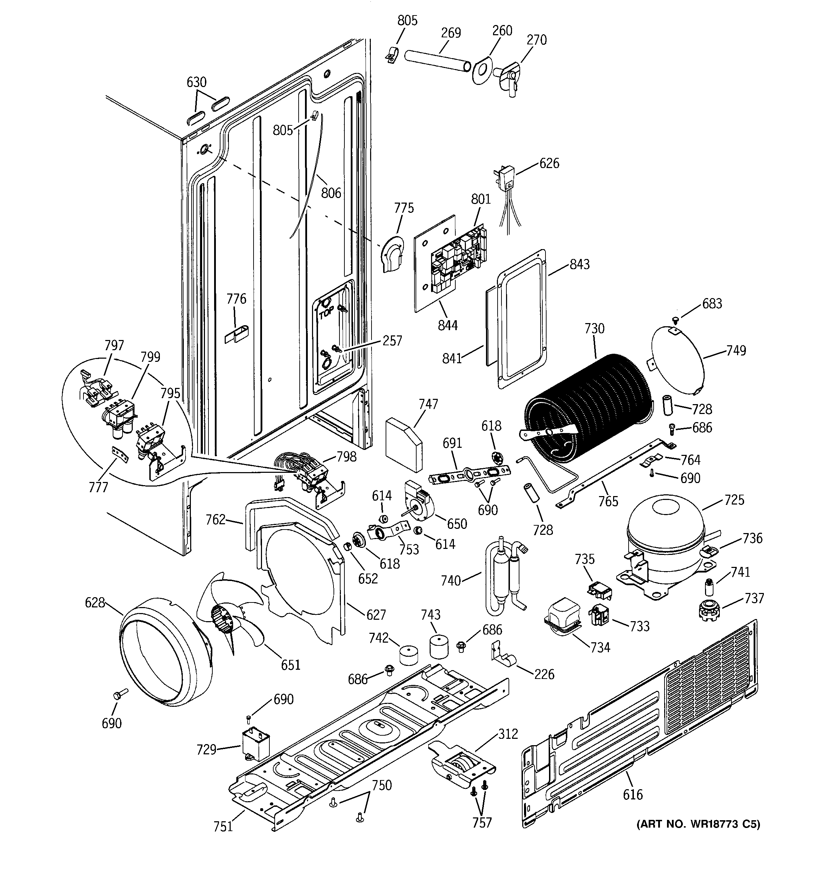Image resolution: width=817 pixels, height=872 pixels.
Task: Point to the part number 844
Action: (x=447, y=325)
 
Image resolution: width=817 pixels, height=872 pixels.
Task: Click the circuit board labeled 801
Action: (x=458, y=259)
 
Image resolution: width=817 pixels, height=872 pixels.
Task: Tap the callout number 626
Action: (x=549, y=163)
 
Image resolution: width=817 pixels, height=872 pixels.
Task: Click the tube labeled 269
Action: (x=436, y=61)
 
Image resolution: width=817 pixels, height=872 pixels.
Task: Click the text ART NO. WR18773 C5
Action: (x=698, y=836)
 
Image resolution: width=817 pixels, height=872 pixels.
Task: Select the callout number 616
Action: (x=632, y=794)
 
